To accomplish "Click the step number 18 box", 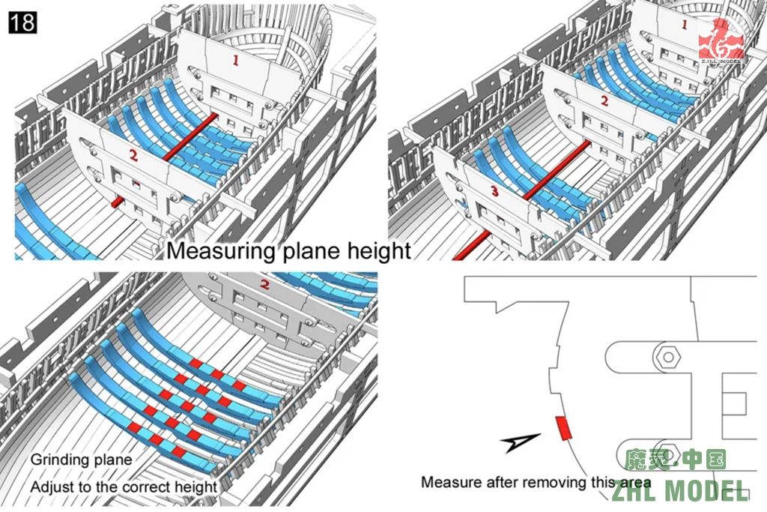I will (22, 22).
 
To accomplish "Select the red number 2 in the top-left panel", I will (133, 156).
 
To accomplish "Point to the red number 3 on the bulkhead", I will (494, 193).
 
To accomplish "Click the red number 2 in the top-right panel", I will (604, 101).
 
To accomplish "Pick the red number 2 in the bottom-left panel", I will (264, 285).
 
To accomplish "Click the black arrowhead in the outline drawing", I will (523, 442).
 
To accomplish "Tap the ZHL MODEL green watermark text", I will (680, 491).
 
